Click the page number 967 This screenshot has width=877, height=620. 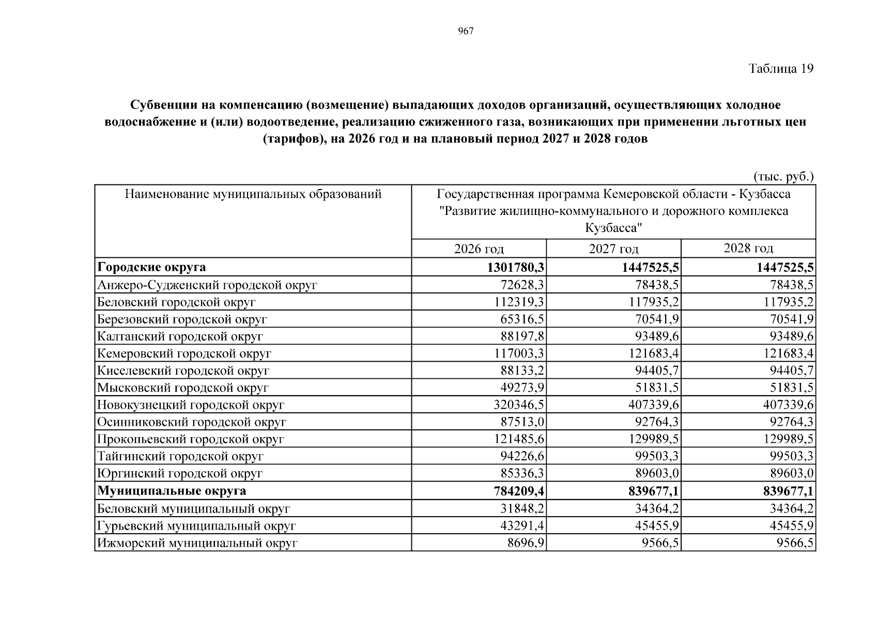coord(466,32)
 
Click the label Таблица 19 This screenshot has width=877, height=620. coord(781,69)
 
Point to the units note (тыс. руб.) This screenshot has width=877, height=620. coord(783,177)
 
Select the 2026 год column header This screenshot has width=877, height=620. coord(479,249)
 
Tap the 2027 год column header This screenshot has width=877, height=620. coord(613,249)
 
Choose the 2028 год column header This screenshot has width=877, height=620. coord(748,249)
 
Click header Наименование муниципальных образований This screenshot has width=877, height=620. coord(253,194)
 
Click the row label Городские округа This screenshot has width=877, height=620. coord(151,267)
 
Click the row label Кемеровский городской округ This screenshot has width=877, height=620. coord(184,353)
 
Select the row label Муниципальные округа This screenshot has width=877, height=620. coord(172,490)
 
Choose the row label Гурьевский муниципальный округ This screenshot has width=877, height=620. coord(196,526)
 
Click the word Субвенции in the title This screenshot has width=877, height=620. coord(162,105)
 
